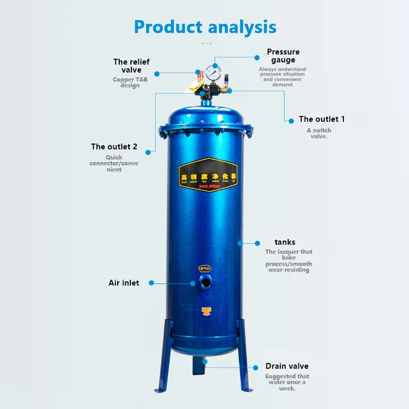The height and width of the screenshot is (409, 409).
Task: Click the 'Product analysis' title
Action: [x=205, y=27]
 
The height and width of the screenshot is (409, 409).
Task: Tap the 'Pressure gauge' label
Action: [x=283, y=56]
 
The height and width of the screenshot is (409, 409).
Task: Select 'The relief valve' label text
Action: [x=131, y=66]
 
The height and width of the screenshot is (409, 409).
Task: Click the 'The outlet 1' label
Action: [x=322, y=119]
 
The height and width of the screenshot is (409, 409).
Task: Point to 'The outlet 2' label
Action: [x=114, y=147]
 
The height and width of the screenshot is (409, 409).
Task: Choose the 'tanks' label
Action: [x=285, y=242]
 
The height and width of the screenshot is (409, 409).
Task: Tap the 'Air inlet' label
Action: [x=124, y=283]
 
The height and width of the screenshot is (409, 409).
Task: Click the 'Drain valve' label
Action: [x=287, y=366]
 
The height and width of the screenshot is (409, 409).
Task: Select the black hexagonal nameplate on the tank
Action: [x=208, y=174]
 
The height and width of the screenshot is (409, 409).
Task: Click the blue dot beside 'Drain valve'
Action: [x=256, y=367]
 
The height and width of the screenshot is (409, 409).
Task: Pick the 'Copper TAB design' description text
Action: [x=130, y=82]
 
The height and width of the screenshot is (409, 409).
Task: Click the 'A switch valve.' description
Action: [x=319, y=133]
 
